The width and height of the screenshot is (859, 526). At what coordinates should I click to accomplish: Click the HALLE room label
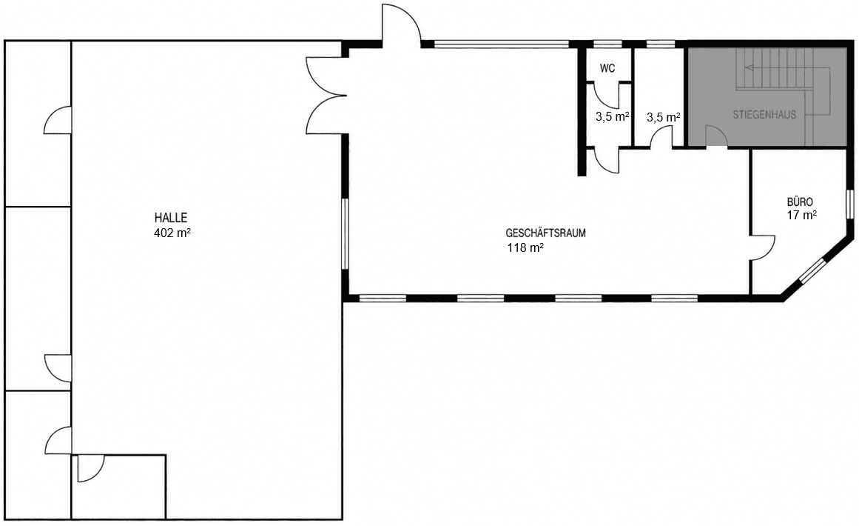tap(171, 219)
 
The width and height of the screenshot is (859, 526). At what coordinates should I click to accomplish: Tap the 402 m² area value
tap(172, 233)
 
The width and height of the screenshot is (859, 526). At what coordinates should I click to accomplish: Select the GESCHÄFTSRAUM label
tap(545, 233)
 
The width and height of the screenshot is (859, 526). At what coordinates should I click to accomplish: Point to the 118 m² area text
tap(525, 248)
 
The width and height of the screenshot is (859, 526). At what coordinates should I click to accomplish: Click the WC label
tap(607, 69)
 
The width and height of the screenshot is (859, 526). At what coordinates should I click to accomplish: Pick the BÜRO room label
tap(800, 202)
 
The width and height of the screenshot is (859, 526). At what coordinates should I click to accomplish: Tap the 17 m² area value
tap(801, 215)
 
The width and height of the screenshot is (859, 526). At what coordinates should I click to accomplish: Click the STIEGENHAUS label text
tap(764, 115)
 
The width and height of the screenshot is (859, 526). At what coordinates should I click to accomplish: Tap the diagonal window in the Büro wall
tap(812, 271)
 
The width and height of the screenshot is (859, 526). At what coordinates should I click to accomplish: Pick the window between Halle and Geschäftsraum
tap(346, 233)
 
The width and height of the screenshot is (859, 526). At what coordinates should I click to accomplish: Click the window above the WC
tap(607, 44)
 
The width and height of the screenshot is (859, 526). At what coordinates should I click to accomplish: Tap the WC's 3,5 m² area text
tap(612, 116)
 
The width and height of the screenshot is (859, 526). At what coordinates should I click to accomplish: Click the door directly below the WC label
tap(607, 95)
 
